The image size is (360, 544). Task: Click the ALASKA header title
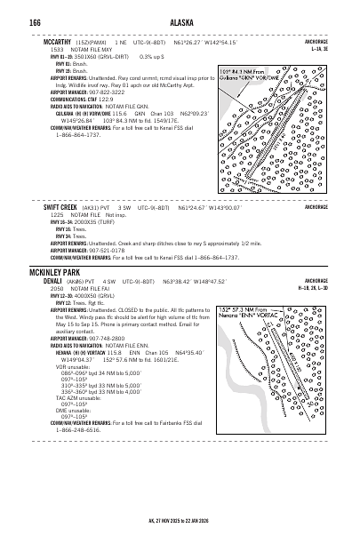(x=180, y=21)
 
